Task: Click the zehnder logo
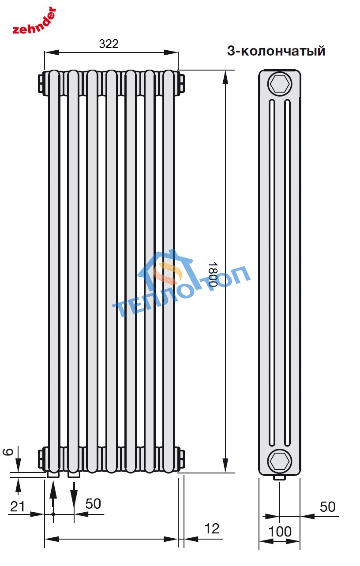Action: tap(34, 21)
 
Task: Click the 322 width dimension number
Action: tap(109, 44)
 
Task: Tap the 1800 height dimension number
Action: tap(213, 274)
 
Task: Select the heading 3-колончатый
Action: tap(276, 51)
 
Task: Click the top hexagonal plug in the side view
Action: tap(280, 84)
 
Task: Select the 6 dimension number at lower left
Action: tap(7, 452)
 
